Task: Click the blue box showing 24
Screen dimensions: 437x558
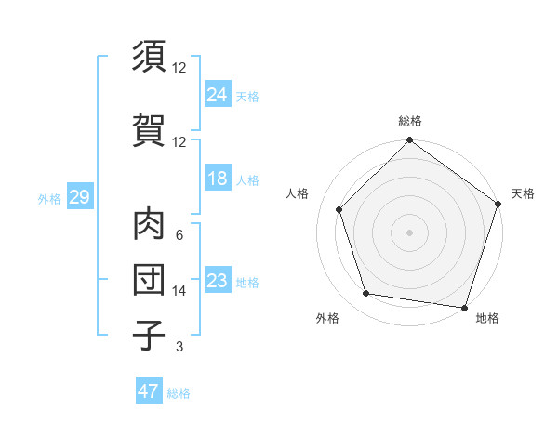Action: pos(218,94)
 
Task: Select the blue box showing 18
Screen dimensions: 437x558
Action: pos(218,179)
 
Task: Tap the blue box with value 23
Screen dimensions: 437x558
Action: pos(218,281)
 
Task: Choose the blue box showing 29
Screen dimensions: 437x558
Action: pos(79,197)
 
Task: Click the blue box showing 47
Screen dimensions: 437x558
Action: pos(149,391)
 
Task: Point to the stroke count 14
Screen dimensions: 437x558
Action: pos(179,291)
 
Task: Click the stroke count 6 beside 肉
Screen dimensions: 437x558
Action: pos(179,235)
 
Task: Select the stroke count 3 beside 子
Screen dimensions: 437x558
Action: pos(179,347)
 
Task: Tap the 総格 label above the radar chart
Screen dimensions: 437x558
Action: pos(409,121)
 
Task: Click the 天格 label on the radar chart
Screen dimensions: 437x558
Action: pos(523,193)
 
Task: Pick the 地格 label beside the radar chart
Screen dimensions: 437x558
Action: pos(487,318)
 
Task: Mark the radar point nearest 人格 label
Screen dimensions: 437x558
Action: pos(339,209)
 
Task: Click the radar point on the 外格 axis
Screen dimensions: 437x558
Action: pos(366,294)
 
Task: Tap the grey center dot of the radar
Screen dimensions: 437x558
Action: pos(409,232)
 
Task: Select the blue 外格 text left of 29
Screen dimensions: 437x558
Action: pos(49,198)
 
